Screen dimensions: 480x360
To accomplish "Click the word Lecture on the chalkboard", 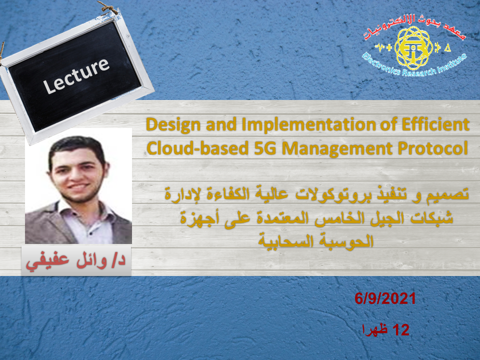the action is [x=76, y=75].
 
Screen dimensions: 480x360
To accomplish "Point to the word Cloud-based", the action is [x=197, y=148].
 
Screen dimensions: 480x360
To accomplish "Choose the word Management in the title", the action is [x=337, y=149].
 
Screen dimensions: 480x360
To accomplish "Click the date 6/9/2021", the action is [x=385, y=298].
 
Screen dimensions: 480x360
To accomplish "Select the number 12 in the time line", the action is [x=400, y=330].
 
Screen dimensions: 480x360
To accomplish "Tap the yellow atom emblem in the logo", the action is [x=413, y=48].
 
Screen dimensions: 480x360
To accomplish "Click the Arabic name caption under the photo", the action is [x=76, y=260].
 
